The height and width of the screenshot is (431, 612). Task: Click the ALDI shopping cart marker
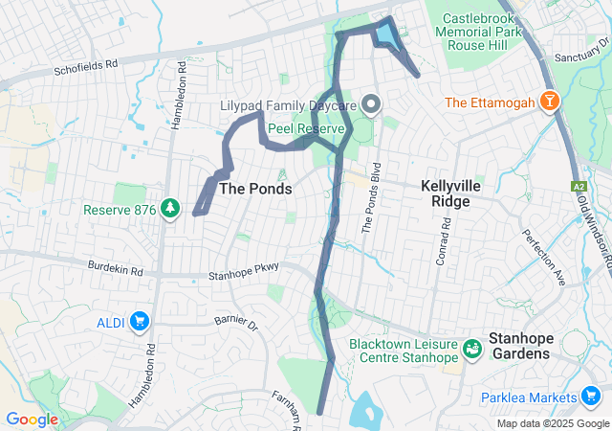(139, 321)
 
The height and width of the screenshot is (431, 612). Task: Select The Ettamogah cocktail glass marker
(551, 102)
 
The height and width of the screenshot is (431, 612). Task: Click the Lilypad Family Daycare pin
(371, 103)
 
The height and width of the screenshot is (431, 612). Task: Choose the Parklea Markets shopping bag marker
(592, 397)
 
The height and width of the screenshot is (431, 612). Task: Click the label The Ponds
(255, 190)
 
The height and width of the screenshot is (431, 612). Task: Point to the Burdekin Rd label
(114, 270)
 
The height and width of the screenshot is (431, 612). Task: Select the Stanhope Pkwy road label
(243, 276)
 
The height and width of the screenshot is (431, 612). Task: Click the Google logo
(33, 419)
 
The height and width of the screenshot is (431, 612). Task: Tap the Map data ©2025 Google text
(552, 423)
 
